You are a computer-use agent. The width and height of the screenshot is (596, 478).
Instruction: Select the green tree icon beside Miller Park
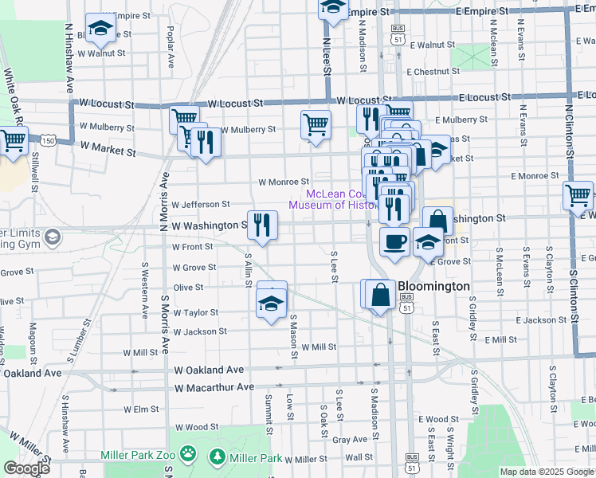(216, 457)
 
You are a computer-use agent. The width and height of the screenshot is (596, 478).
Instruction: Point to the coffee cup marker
(394, 242)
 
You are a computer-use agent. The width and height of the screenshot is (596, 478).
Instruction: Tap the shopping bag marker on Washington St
(437, 221)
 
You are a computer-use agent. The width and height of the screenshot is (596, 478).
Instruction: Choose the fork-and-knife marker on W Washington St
(262, 225)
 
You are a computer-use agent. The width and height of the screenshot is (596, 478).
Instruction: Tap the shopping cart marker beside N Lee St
(316, 126)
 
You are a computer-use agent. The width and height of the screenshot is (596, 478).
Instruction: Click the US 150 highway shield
(49, 141)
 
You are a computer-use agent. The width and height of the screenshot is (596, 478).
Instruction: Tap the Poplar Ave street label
(171, 50)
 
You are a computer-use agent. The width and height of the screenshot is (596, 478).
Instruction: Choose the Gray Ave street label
(349, 440)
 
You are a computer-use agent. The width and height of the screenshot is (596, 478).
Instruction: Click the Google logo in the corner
(25, 468)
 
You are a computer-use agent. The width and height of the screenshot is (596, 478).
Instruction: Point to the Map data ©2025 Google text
(546, 472)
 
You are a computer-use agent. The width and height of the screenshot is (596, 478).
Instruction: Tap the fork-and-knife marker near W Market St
(206, 143)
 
